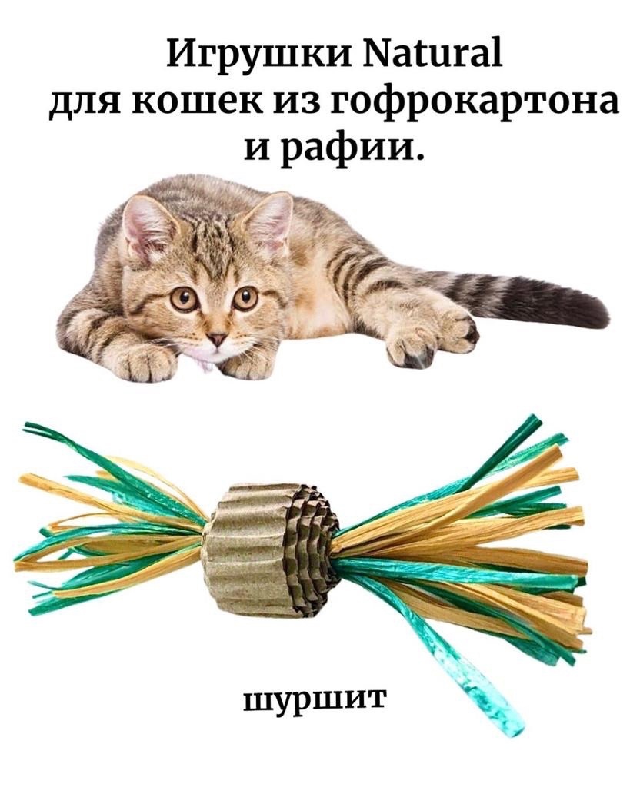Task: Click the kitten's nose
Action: point(218,338)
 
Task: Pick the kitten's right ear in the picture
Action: point(270,214)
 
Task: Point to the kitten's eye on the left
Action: point(184,298)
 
